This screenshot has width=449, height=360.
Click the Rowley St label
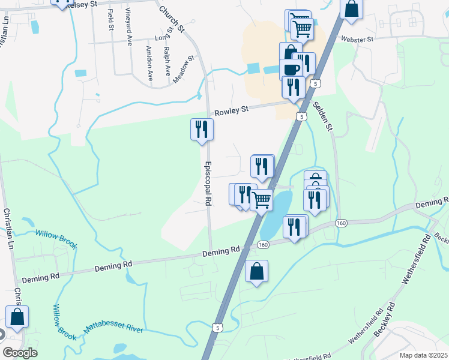(x=232, y=110)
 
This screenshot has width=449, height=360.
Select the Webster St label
(x=357, y=39)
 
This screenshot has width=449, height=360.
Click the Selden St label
(x=322, y=116)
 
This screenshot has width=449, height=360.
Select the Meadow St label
(x=184, y=70)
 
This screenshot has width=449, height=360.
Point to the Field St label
(x=110, y=20)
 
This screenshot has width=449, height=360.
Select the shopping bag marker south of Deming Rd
(x=256, y=271)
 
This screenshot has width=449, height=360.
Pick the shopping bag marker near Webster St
(x=352, y=9)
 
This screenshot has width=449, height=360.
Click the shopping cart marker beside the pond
(x=261, y=200)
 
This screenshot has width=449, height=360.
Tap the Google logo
(x=20, y=353)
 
